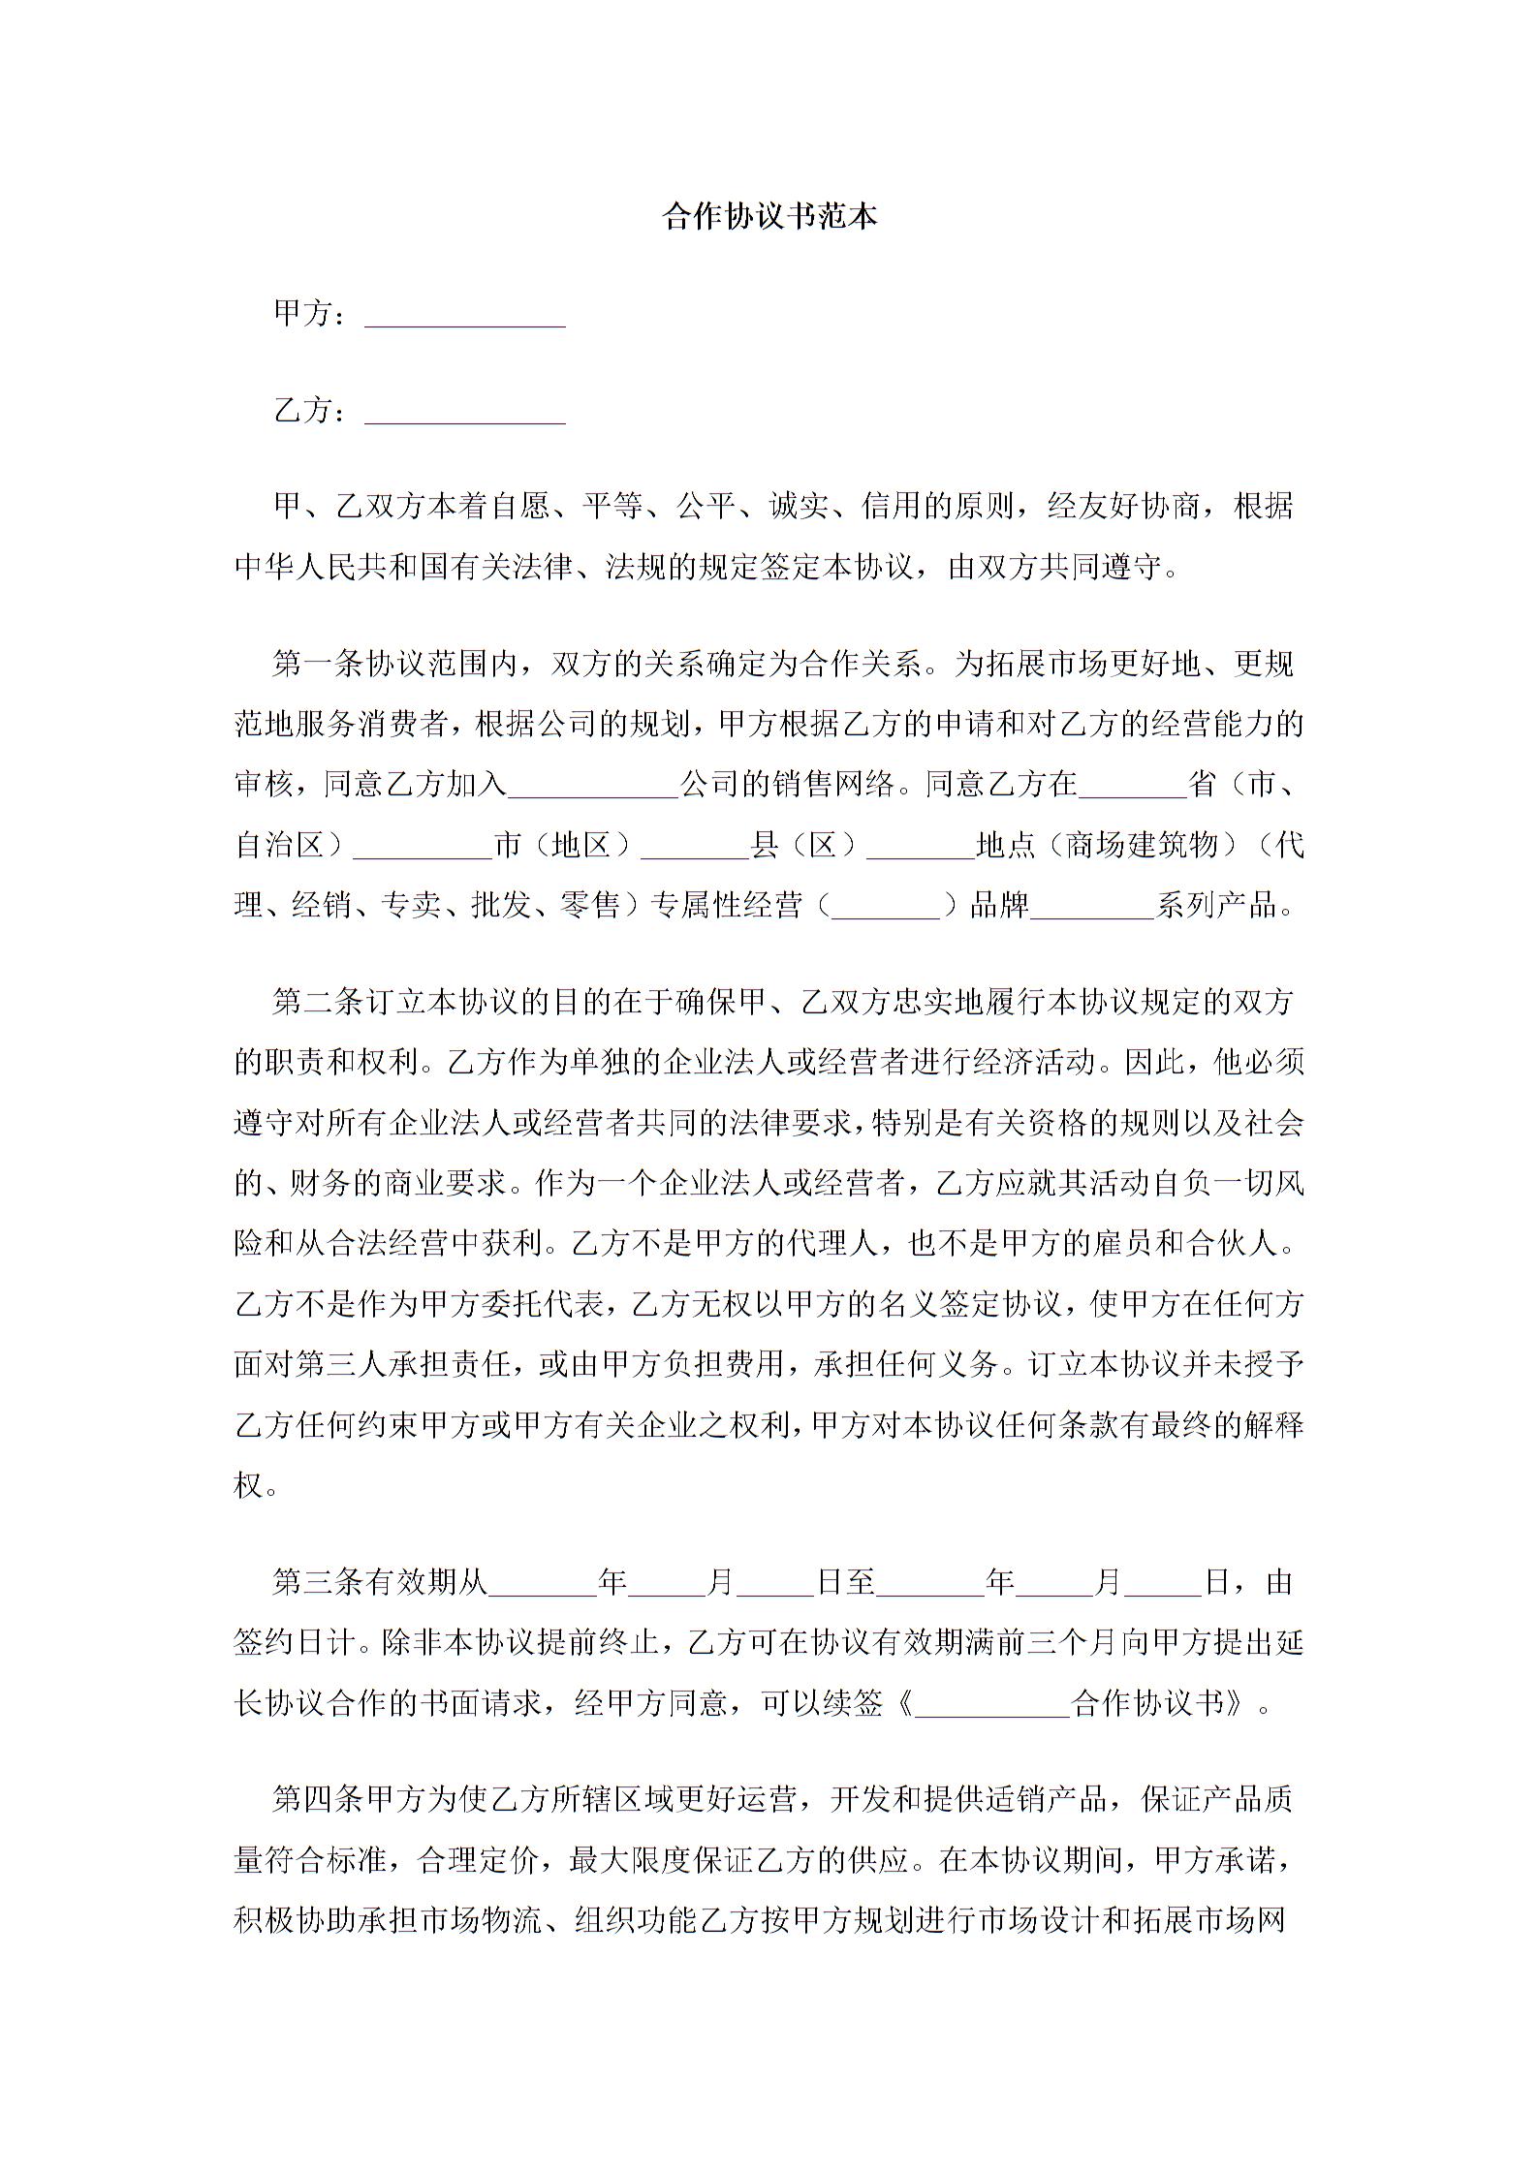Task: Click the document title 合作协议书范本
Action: (x=769, y=216)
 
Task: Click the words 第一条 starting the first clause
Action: (x=317, y=664)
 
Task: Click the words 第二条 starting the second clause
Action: (x=317, y=1002)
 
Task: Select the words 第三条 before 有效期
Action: (x=317, y=1582)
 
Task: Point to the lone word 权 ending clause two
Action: (x=249, y=1485)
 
